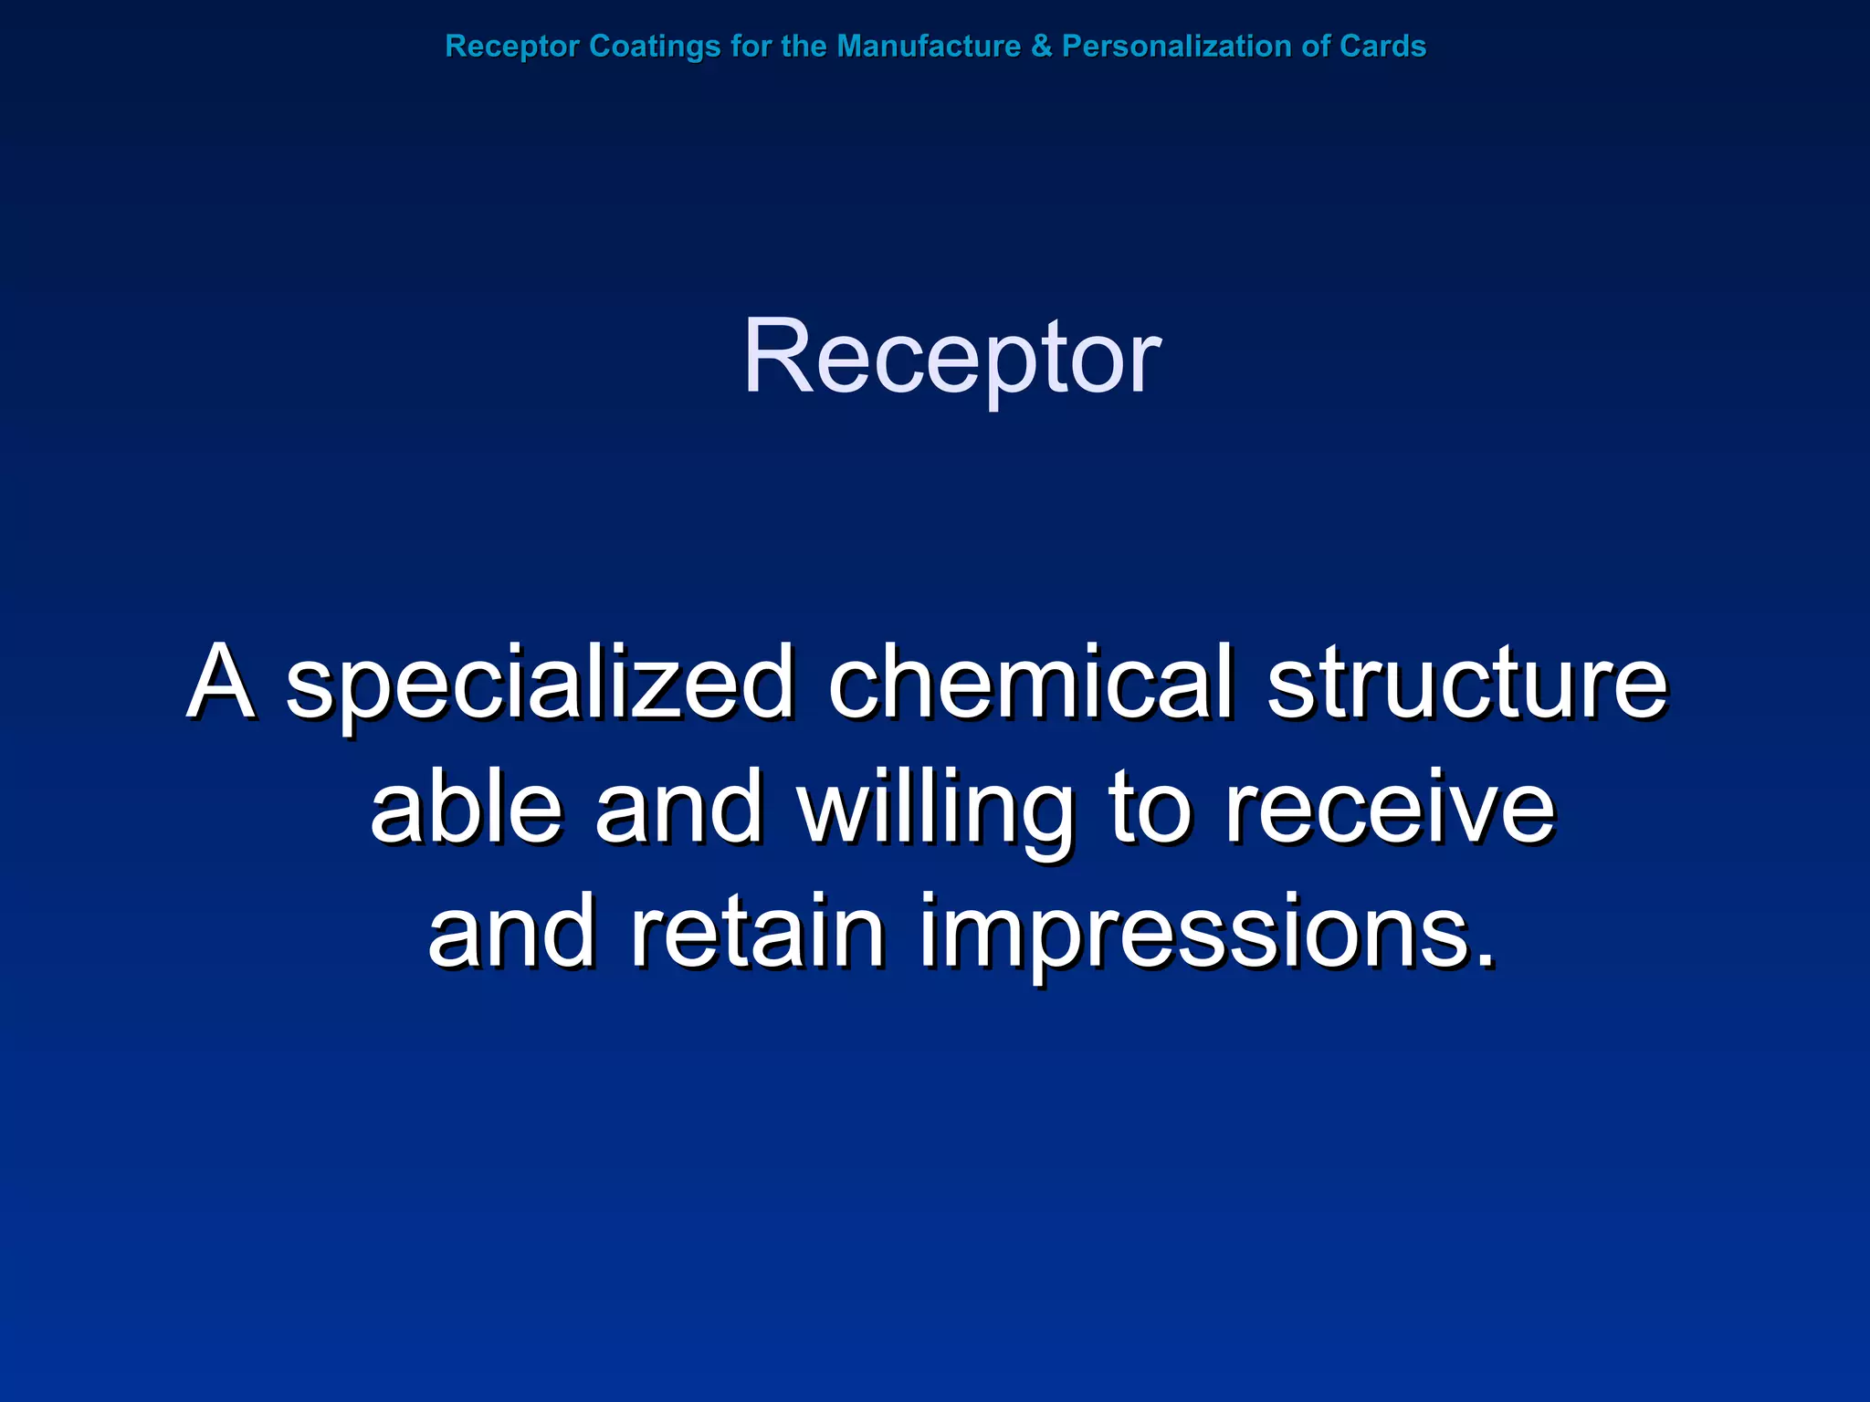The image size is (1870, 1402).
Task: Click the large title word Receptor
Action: click(951, 358)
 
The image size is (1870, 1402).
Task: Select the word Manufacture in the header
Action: click(929, 47)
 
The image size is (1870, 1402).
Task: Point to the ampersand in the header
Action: click(1041, 47)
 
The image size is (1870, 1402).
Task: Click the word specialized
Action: click(539, 685)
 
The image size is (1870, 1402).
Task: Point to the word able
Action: click(466, 807)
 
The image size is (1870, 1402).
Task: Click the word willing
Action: click(936, 809)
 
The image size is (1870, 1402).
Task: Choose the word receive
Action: click(1389, 809)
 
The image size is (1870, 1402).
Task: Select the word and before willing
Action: click(678, 807)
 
